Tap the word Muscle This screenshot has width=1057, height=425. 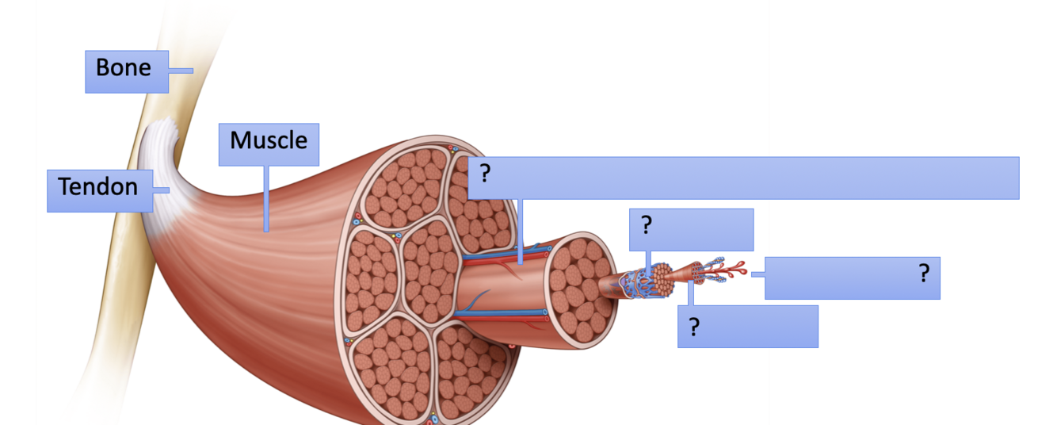tap(269, 141)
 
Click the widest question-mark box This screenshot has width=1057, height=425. tap(743, 178)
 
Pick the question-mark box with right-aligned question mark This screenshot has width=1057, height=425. tap(852, 278)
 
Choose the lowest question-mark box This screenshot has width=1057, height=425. tap(747, 326)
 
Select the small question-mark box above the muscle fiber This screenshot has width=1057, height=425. tap(691, 229)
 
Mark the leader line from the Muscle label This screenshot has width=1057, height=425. tap(266, 198)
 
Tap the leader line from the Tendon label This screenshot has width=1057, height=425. tap(161, 190)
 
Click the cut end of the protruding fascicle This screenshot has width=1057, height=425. tap(582, 285)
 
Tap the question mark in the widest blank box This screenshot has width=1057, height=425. tap(486, 174)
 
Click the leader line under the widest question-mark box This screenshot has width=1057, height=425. tap(521, 230)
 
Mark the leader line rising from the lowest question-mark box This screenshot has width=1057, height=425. tap(690, 292)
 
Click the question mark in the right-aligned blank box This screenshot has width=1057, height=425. tap(923, 274)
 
